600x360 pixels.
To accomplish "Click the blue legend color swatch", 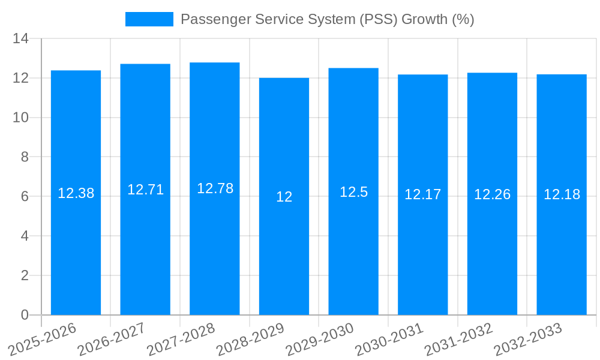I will [x=149, y=19].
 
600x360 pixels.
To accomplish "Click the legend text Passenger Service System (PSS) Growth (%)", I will [x=327, y=19].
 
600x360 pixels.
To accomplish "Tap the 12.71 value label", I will [x=145, y=190].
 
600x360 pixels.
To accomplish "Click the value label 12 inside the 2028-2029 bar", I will [x=284, y=197].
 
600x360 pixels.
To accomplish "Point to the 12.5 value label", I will [x=353, y=192].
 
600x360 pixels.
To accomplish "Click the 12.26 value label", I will [x=492, y=194].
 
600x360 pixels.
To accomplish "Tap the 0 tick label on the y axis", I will [x=25, y=315].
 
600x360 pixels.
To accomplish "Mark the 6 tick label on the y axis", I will [x=25, y=197].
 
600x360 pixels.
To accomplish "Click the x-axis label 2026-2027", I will [x=112, y=338].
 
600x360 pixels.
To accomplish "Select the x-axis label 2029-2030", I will [x=320, y=338].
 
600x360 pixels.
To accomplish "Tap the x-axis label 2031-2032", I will [x=459, y=338].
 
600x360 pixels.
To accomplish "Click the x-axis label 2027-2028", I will [x=181, y=338].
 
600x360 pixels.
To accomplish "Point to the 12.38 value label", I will [x=76, y=193].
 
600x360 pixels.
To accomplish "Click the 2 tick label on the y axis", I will [x=25, y=275].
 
